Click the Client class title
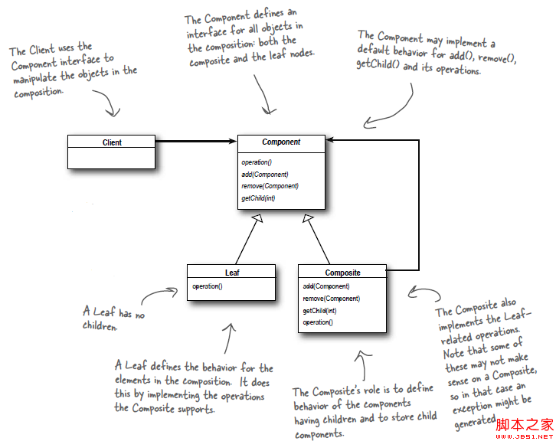[x=112, y=142]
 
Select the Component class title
[x=281, y=142]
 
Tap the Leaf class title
[x=231, y=272]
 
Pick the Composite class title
[x=342, y=273]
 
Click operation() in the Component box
[x=257, y=162]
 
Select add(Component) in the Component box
[x=264, y=174]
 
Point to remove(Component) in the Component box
[x=270, y=186]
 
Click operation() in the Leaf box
[x=208, y=287]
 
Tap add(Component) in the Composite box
[x=326, y=286]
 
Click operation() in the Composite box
[x=318, y=323]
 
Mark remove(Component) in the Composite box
[x=332, y=299]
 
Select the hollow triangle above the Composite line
[x=307, y=220]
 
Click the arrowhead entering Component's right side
[x=330, y=141]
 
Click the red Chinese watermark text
[x=525, y=425]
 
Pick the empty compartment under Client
[x=112, y=158]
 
